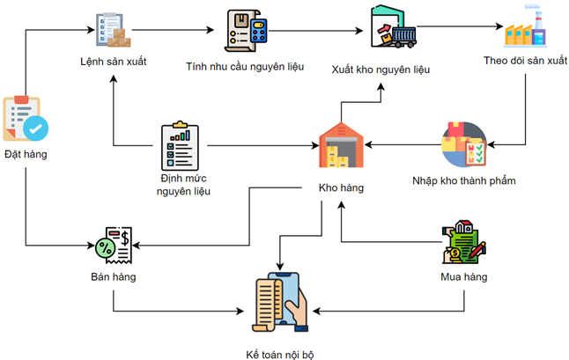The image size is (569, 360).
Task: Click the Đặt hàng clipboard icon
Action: pyautogui.click(x=26, y=119)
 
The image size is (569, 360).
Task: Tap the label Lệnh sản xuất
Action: pyautogui.click(x=113, y=61)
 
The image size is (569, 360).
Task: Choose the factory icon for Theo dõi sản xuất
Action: pyautogui.click(x=524, y=32)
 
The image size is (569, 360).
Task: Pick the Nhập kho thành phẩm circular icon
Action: pyautogui.click(x=463, y=144)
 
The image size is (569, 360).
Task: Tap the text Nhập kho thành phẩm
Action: pyautogui.click(x=463, y=180)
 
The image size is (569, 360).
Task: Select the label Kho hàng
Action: pyautogui.click(x=341, y=187)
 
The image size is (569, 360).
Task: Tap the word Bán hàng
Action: pyautogui.click(x=113, y=277)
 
